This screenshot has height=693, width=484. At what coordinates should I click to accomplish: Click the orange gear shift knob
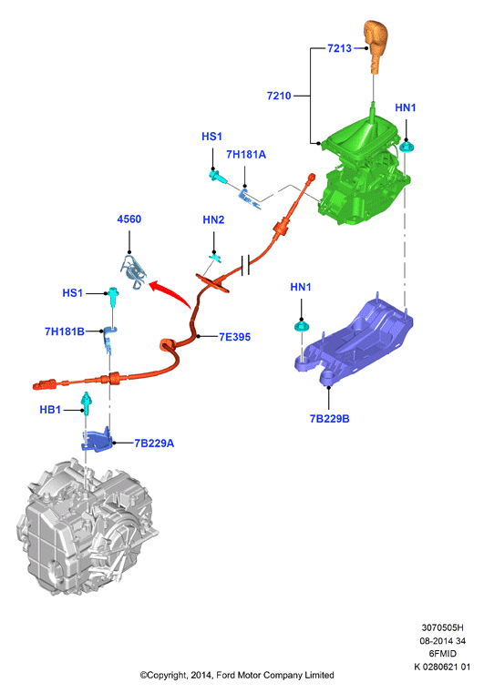coord(376,46)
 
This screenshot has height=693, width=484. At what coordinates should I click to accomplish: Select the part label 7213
coord(339,48)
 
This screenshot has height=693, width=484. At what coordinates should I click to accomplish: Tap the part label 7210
coord(279,96)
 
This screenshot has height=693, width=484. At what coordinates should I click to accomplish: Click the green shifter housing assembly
coord(366,172)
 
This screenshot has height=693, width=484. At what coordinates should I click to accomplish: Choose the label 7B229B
coord(329,419)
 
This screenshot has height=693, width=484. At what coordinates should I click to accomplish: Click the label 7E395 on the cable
coord(235,337)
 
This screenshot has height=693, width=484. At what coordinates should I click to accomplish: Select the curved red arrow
coord(170,292)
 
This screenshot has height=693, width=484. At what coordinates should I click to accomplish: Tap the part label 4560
coord(129,219)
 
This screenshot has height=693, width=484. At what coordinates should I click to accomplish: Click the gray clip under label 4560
coord(134,271)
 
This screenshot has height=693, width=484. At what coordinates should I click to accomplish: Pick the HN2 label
coord(213,219)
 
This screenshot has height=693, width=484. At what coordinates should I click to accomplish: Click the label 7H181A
coord(246,154)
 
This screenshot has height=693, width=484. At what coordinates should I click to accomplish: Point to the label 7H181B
coord(65,331)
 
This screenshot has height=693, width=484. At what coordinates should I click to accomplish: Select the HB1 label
coord(50,410)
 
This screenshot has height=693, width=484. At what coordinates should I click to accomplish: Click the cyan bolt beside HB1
coord(87,403)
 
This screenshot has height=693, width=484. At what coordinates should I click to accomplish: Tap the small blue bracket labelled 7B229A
coord(97,439)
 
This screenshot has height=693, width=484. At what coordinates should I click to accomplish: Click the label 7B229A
coord(154,443)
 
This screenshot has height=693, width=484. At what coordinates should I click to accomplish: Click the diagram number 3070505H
coord(442,627)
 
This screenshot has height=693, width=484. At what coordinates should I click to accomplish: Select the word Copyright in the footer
coord(167,676)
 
